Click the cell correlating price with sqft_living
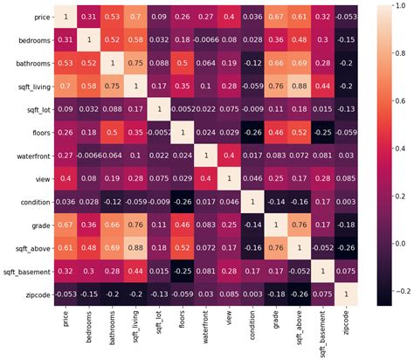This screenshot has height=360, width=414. pos(136,16)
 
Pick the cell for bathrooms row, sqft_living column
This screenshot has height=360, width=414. pos(136,65)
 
